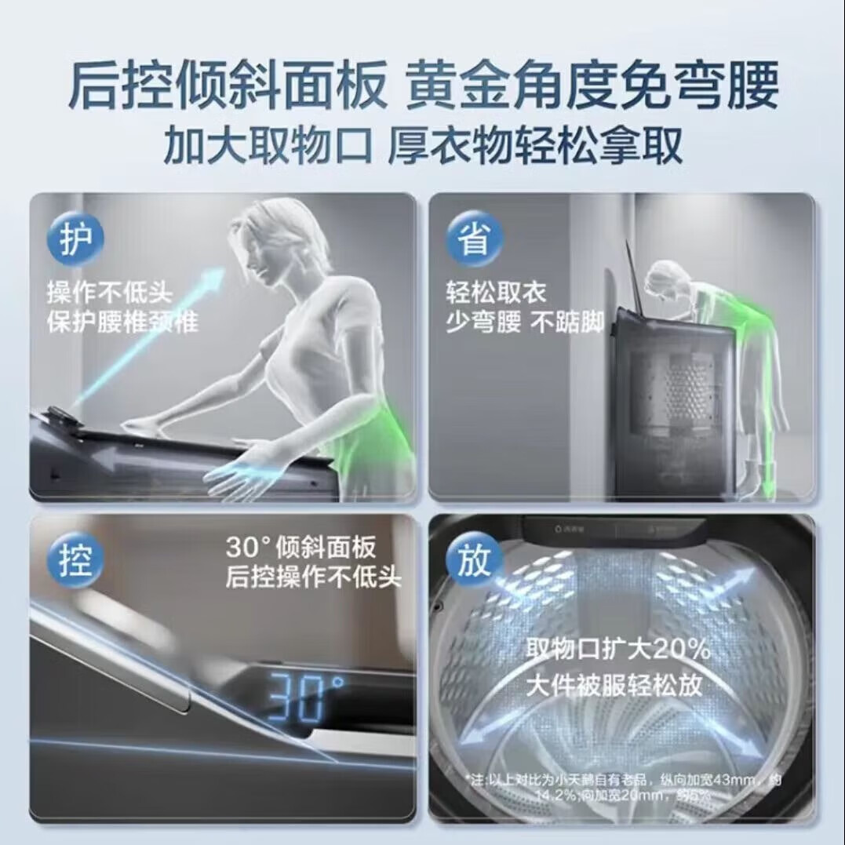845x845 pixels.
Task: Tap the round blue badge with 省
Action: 473,239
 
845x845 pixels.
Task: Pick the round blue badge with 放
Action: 473,560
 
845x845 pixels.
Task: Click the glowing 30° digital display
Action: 306,696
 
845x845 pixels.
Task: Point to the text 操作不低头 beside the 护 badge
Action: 110,296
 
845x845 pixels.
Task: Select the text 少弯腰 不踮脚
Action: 525,322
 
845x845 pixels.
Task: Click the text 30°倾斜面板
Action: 300,548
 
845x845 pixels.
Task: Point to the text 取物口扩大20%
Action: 618,650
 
